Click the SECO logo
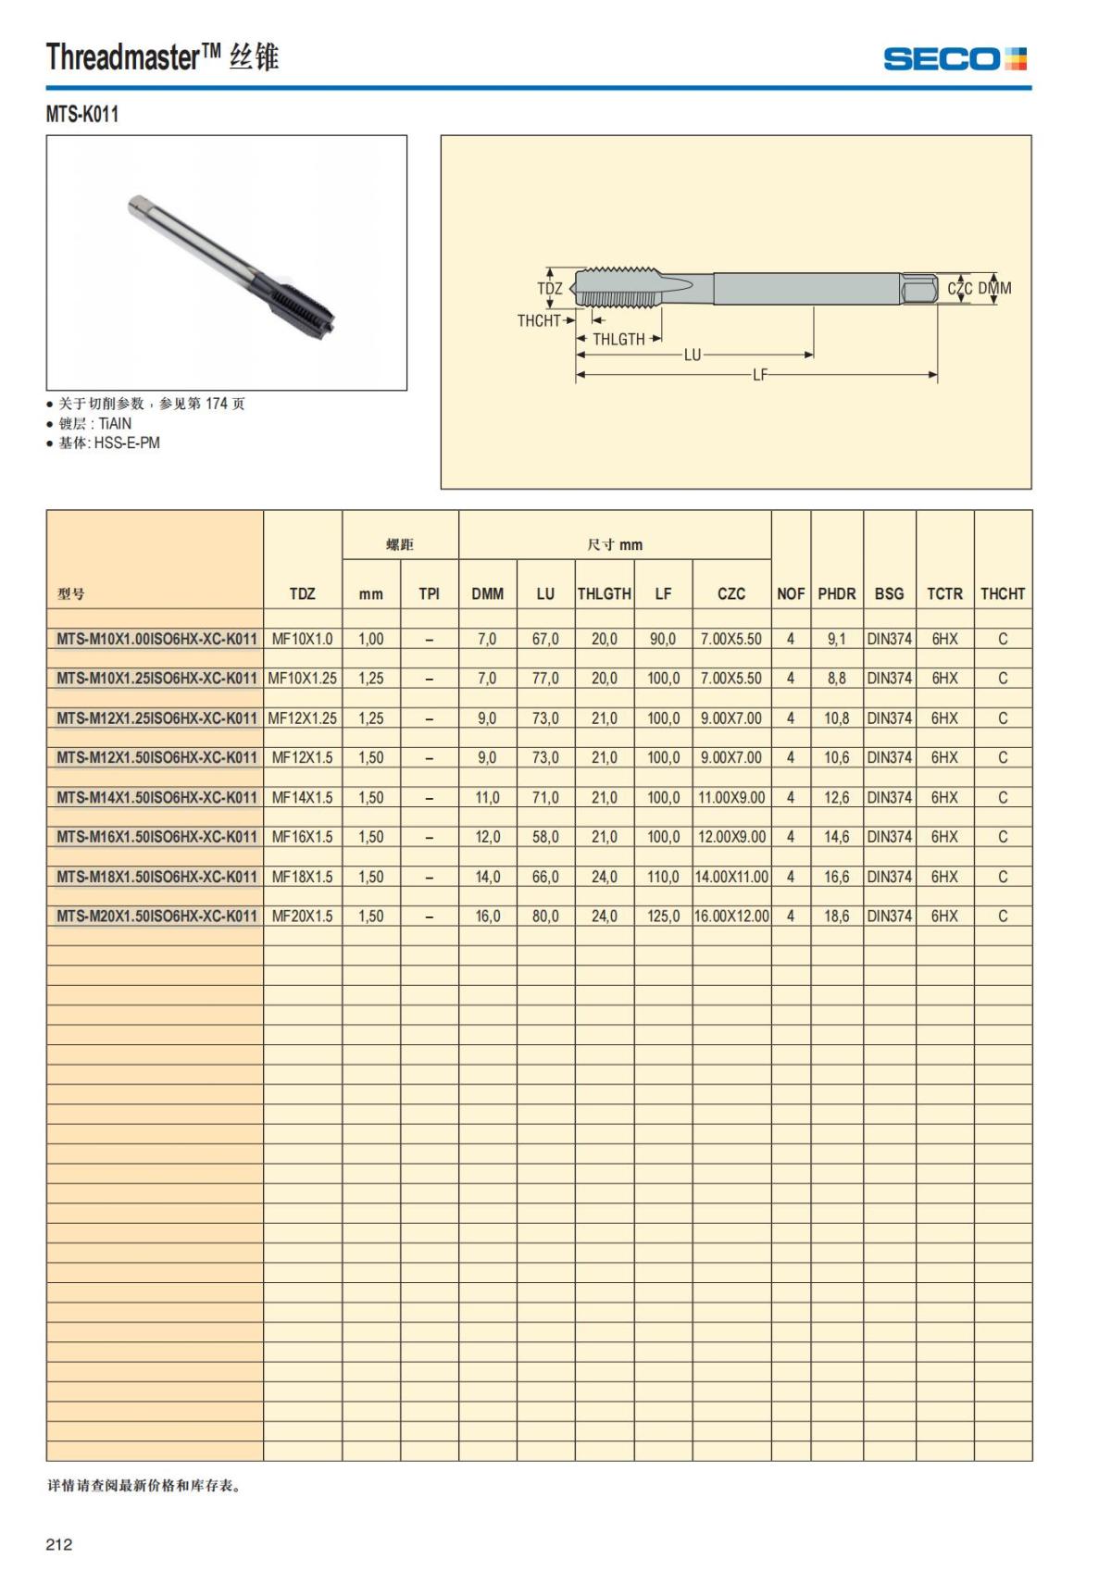tap(955, 59)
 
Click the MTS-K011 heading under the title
tap(82, 115)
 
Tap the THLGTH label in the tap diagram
tap(618, 340)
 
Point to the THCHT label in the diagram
tap(539, 321)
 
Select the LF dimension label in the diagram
tap(759, 376)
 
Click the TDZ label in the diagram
tap(550, 289)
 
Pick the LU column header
tap(545, 593)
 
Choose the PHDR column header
tap(836, 593)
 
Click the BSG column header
tap(889, 593)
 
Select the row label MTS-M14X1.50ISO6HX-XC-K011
tap(156, 797)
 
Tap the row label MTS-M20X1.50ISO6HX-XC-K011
tap(156, 916)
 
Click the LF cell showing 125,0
tap(663, 916)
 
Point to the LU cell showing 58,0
tap(545, 837)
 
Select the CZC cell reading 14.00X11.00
tap(731, 877)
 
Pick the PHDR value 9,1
tap(836, 639)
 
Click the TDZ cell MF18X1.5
tap(302, 877)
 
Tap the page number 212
tap(59, 1544)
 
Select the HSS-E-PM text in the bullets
tap(127, 443)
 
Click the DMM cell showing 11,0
tap(487, 797)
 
